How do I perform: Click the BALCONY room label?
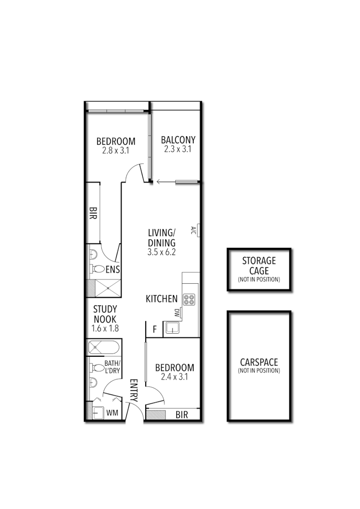[178, 140]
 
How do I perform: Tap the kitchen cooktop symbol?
[189, 300]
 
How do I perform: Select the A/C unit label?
[194, 230]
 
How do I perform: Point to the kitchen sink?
[172, 328]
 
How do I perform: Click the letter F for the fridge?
[154, 328]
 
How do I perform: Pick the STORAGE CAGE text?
[259, 266]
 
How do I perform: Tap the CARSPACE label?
[259, 362]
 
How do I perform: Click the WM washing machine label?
[112, 413]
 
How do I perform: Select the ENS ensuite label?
[113, 270]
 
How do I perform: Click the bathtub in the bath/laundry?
[104, 349]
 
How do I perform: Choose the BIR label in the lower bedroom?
[182, 415]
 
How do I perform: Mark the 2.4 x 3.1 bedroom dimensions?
[174, 377]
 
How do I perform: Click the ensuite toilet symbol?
[98, 270]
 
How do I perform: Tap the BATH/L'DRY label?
[113, 367]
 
